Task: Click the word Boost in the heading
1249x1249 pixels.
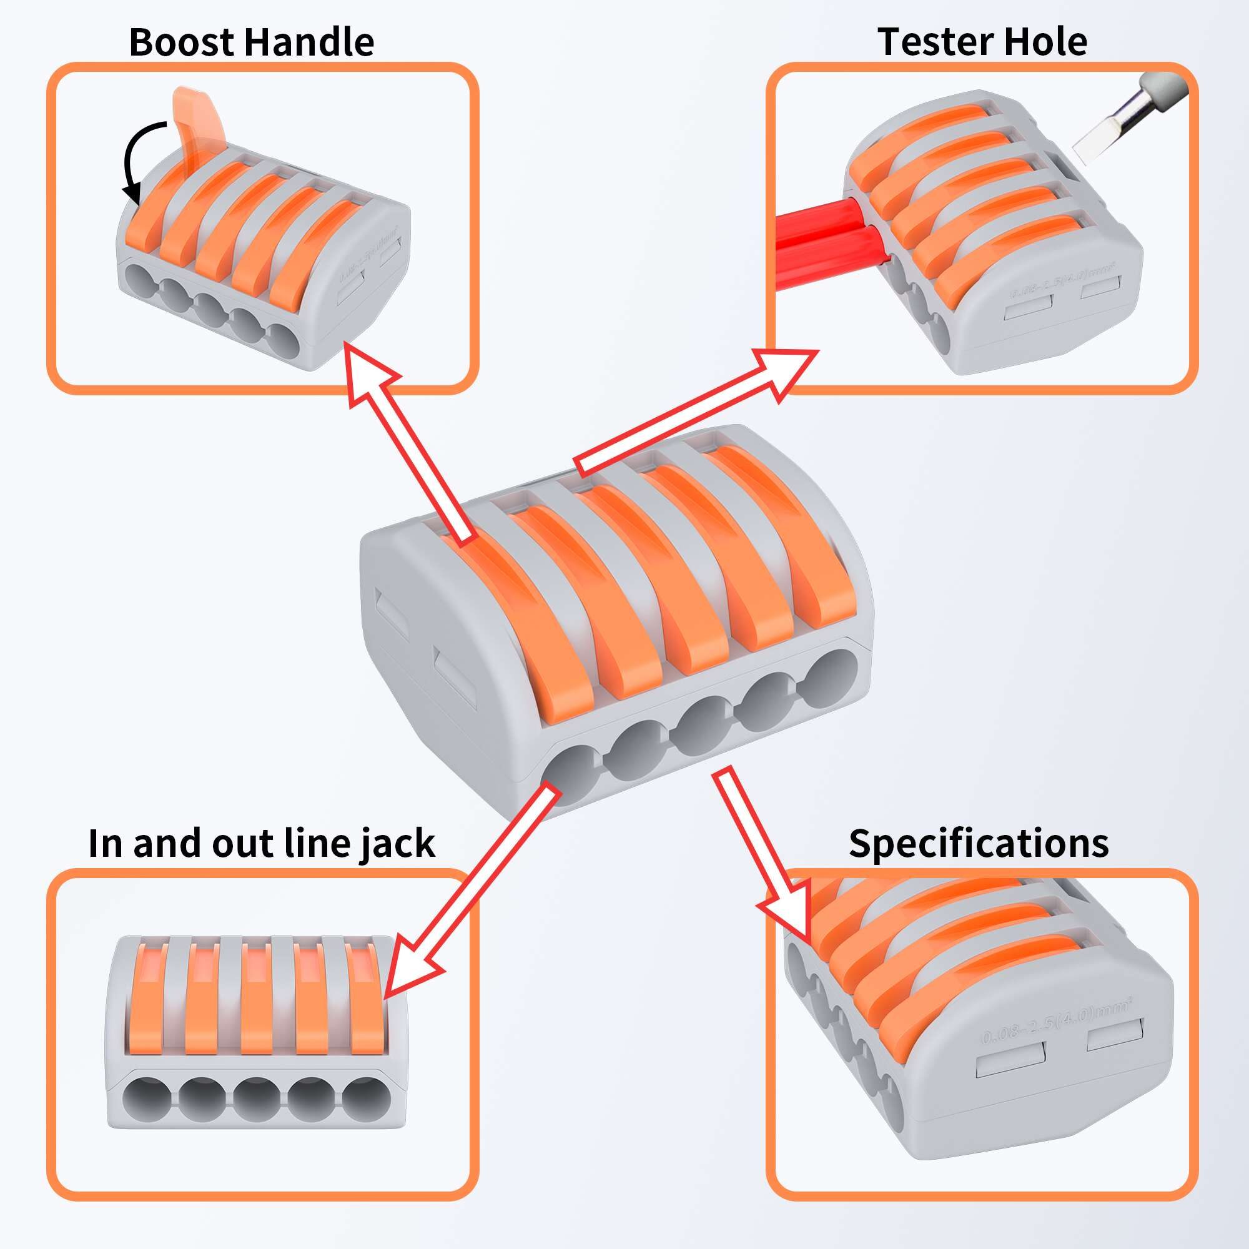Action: point(184,42)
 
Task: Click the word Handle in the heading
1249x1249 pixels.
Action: point(310,42)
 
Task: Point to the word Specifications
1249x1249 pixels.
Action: point(979,844)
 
